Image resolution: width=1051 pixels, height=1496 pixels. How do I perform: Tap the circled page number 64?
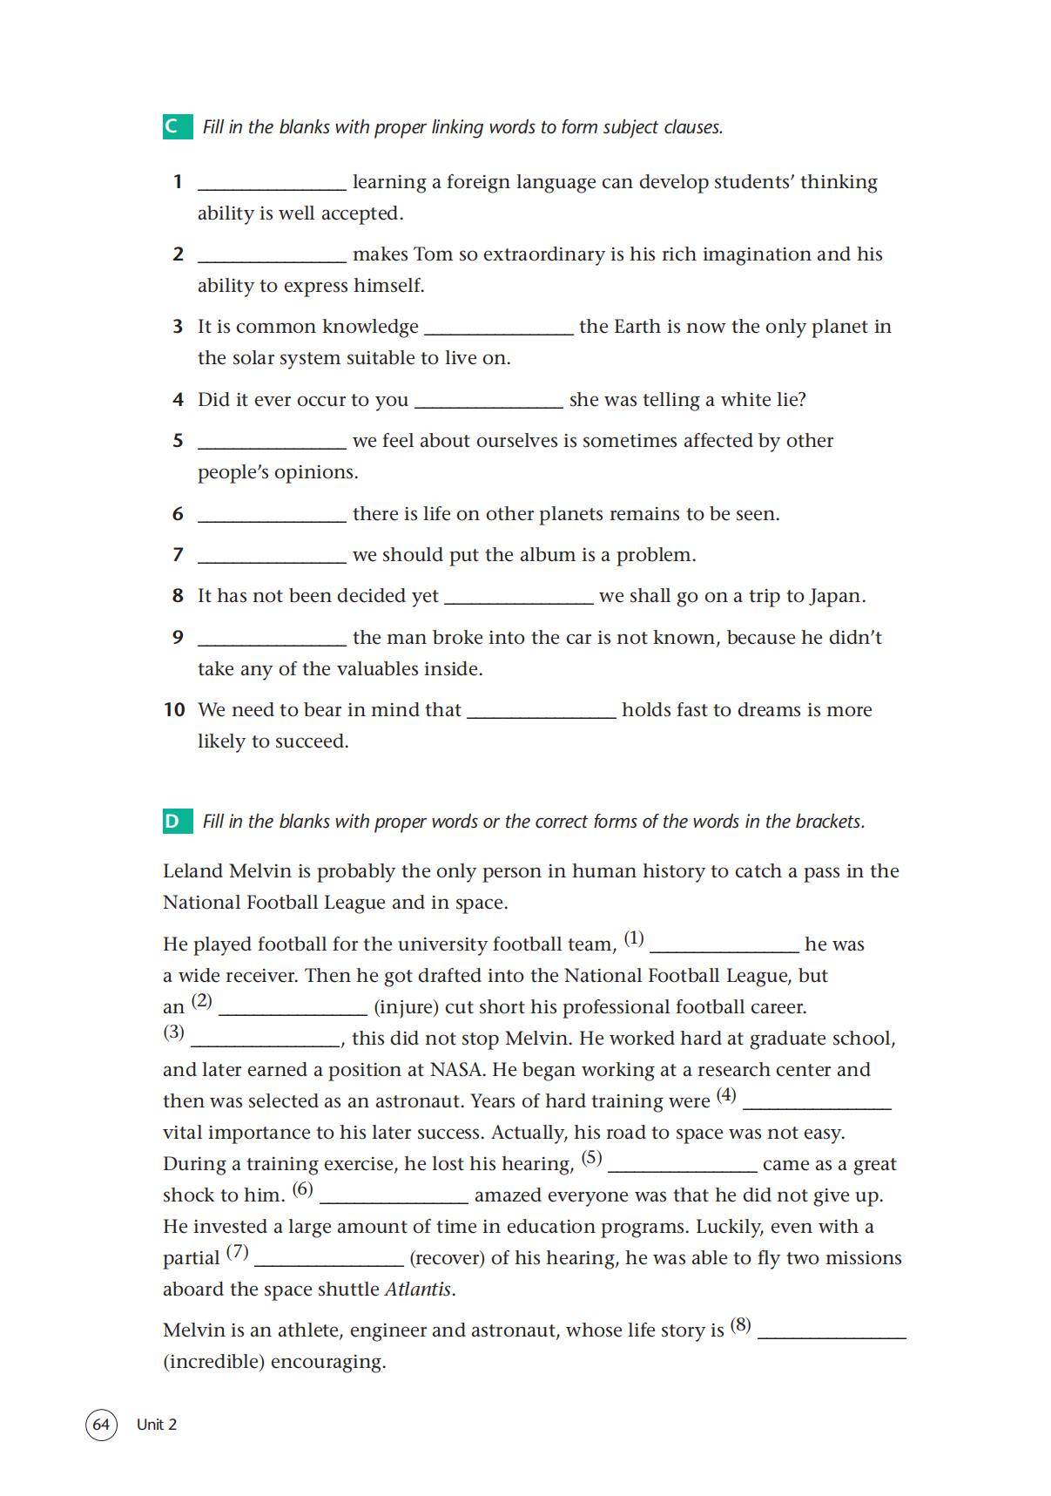pyautogui.click(x=101, y=1424)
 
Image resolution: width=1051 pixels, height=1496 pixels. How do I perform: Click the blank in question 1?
pyautogui.click(x=272, y=182)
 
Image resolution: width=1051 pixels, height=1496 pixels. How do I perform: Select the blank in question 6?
pyautogui.click(x=272, y=514)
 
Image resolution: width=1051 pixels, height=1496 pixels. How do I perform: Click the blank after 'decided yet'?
pyautogui.click(x=518, y=597)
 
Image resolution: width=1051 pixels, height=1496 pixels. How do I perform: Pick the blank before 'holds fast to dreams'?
pyautogui.click(x=541, y=710)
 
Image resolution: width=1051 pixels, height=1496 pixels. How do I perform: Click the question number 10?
pyautogui.click(x=174, y=710)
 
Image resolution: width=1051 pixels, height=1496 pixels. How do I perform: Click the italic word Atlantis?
pyautogui.click(x=418, y=1289)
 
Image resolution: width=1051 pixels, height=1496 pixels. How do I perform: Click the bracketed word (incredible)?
pyautogui.click(x=213, y=1361)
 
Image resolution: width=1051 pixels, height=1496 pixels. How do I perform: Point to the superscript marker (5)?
pyautogui.click(x=591, y=1158)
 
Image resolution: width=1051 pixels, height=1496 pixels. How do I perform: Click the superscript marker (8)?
pyautogui.click(x=740, y=1324)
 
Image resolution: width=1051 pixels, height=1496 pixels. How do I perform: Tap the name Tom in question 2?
pyautogui.click(x=432, y=254)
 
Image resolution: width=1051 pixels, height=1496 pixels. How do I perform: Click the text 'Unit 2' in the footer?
pyautogui.click(x=157, y=1425)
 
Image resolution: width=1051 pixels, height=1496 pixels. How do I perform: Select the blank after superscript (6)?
pyautogui.click(x=394, y=1195)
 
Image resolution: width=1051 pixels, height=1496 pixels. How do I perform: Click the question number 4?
pyautogui.click(x=178, y=400)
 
